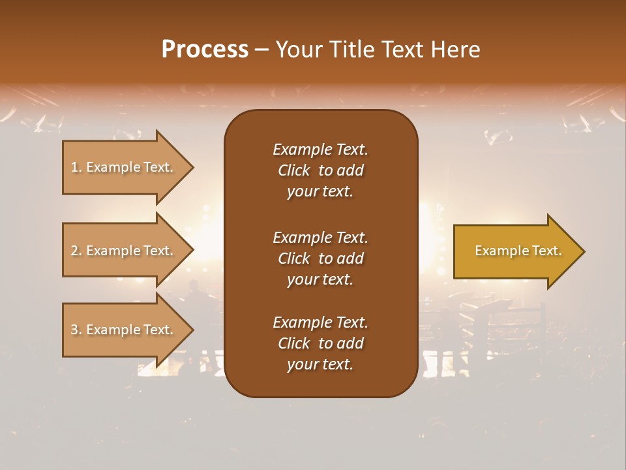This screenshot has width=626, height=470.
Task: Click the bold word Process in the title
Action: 205,50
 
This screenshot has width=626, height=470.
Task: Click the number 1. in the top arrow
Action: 76,167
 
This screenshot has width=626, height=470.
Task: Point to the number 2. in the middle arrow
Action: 76,251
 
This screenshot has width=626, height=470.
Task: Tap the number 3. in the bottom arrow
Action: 76,330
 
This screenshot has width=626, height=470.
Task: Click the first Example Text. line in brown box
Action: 320,149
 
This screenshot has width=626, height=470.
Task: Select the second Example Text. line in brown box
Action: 320,237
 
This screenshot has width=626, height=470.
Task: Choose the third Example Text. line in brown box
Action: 320,322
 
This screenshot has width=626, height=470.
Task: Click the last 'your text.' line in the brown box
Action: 320,365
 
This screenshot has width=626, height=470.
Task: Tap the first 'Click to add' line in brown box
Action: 320,170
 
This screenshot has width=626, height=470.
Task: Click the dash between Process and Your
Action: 262,50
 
